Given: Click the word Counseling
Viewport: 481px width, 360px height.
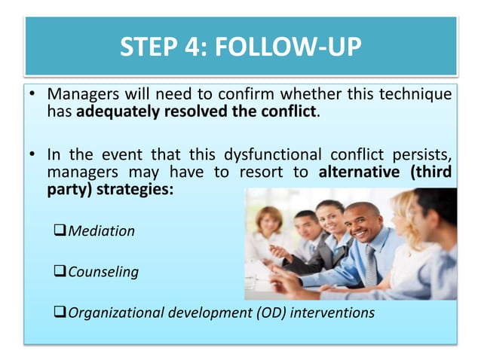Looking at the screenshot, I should pyautogui.click(x=103, y=272).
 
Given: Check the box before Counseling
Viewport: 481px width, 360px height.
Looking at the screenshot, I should pyautogui.click(x=60, y=272).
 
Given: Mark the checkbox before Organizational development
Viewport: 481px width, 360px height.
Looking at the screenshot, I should pyautogui.click(x=60, y=313).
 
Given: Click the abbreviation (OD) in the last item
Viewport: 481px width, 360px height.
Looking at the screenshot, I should pyautogui.click(x=260, y=313).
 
